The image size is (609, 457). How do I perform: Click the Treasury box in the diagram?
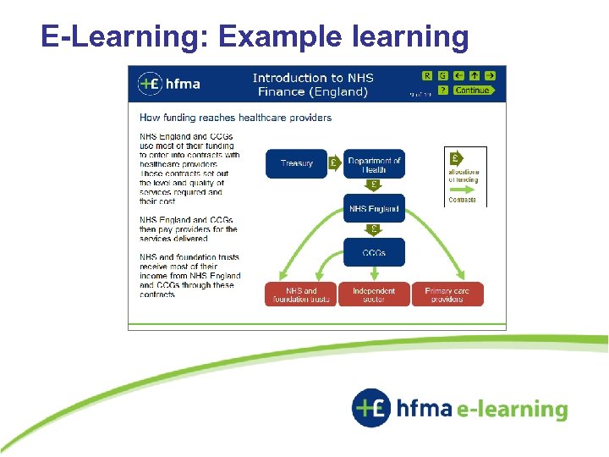[296, 163]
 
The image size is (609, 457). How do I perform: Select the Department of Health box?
[374, 164]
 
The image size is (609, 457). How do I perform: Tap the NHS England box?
[374, 209]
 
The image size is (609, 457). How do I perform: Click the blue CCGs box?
[374, 252]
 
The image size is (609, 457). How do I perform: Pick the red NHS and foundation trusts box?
[300, 295]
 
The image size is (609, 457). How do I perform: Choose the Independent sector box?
[374, 295]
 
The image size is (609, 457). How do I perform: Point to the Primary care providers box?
[447, 295]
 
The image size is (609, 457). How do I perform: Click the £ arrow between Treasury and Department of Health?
[334, 163]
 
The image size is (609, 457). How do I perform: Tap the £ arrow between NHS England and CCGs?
[374, 229]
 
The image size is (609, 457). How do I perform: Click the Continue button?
[474, 91]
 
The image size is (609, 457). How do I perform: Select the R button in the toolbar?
[427, 75]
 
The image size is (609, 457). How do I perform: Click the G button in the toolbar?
[442, 75]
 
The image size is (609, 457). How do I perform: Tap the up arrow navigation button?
[475, 75]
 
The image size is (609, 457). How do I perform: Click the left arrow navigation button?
[458, 75]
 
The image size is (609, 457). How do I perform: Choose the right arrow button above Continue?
[490, 75]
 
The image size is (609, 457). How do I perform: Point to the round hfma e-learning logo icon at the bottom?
[372, 409]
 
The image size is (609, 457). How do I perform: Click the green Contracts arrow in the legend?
[463, 190]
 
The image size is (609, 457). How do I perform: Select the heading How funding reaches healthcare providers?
[235, 118]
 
